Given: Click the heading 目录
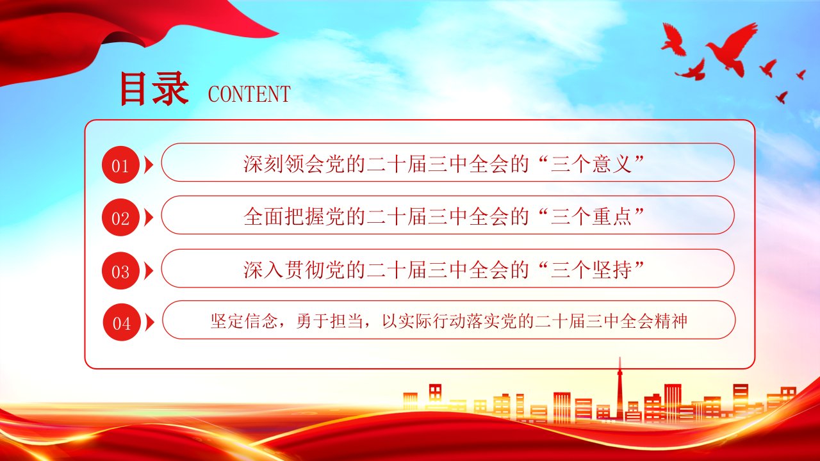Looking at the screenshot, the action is [x=154, y=88].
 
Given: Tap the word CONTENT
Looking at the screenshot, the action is [x=249, y=94].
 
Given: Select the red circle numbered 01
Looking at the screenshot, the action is [x=120, y=165].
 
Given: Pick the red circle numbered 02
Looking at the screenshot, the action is [x=120, y=217].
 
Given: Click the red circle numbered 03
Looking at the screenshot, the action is [x=120, y=271].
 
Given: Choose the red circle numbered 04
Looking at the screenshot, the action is [x=122, y=322].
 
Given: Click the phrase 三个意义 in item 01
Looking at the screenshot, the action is [x=591, y=164].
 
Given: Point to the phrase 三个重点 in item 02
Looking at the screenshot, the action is [x=591, y=216].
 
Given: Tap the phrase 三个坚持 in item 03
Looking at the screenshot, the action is [x=591, y=270].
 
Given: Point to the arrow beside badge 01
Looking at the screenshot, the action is [x=149, y=165].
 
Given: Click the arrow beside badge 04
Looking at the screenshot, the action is [x=150, y=323].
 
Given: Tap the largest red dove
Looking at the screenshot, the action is [x=731, y=47].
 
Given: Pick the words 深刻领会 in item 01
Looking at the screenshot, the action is [x=284, y=164].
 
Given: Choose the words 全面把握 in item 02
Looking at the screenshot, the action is [x=284, y=216].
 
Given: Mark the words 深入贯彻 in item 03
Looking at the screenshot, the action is [x=284, y=270].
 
